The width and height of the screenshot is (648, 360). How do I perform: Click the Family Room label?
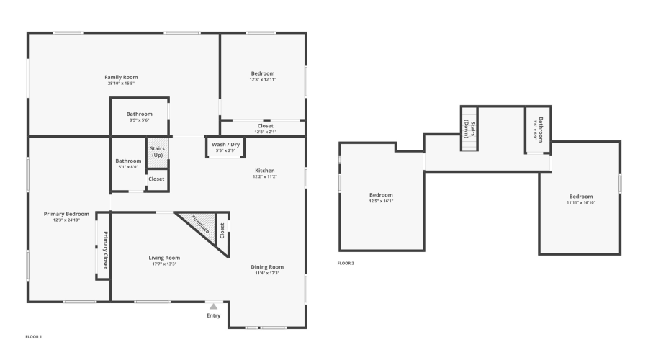pos(121,77)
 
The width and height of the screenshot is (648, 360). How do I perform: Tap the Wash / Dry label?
pos(225,145)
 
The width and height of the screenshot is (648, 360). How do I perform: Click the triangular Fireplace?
pos(200,225)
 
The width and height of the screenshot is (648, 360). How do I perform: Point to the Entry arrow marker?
pos(213,307)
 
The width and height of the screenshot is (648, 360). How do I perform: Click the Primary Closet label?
pos(104,250)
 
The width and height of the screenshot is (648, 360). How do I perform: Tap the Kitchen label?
pos(264,171)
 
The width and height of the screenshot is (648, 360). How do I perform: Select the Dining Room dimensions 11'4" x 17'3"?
pos(267,273)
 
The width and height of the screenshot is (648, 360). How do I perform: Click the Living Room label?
pos(164,257)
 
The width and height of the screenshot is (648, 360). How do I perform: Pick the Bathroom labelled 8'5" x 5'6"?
pos(139,114)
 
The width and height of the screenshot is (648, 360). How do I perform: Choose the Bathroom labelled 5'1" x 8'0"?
pos(128,161)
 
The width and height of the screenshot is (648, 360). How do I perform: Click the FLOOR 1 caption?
pos(34,336)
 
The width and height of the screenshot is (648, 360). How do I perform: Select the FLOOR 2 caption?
pos(346,263)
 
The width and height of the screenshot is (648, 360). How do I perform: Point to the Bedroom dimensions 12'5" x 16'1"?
pos(381,201)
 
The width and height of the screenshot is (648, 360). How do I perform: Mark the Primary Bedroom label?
pos(66,214)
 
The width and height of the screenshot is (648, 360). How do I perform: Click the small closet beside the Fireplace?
pos(222,230)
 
